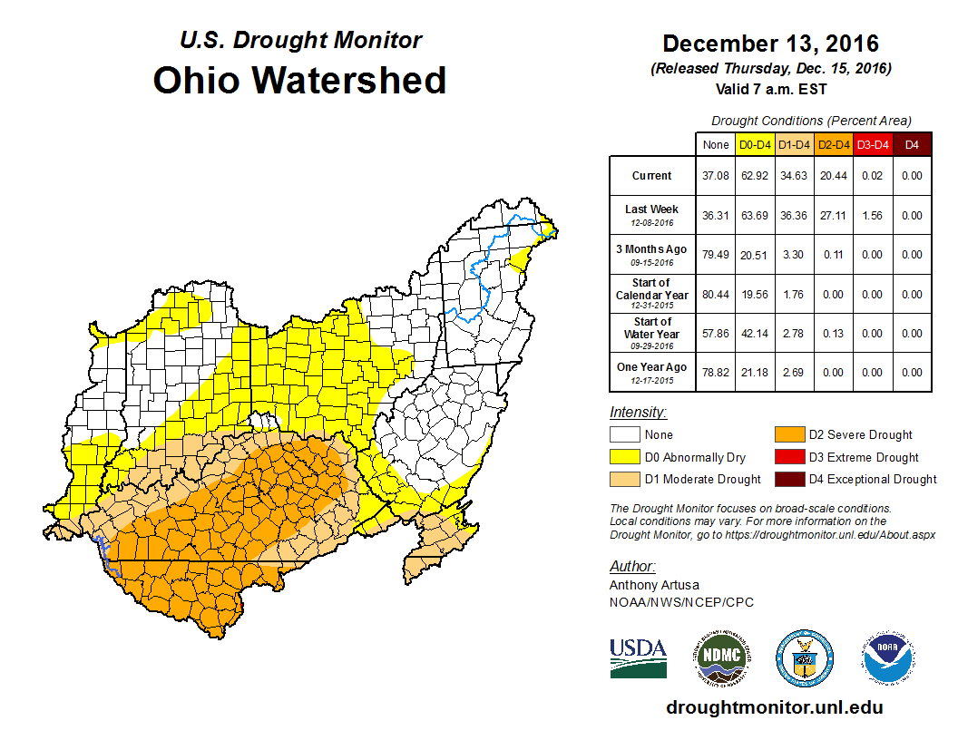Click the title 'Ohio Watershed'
tap(299, 80)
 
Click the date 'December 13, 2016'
tap(770, 44)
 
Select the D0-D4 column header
tap(756, 144)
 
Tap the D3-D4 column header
tap(873, 144)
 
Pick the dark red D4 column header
tap(912, 144)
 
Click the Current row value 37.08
tap(716, 176)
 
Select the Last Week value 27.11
tap(833, 216)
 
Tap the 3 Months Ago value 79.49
tap(716, 255)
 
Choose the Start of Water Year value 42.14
tap(756, 334)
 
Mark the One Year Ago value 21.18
tap(756, 373)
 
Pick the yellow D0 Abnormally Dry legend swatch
tap(624, 457)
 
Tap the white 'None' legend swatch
tap(624, 435)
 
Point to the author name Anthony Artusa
tap(654, 585)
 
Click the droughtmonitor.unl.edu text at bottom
tap(774, 707)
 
